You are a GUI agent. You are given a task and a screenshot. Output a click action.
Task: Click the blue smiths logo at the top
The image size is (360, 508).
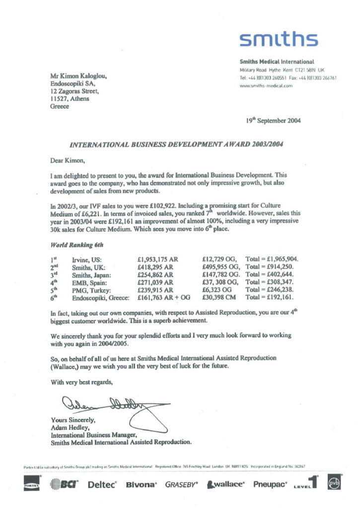coord(278,39)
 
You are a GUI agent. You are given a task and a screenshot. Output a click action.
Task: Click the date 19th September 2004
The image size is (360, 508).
coord(273,121)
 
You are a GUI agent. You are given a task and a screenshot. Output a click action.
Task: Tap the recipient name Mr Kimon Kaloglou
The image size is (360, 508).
coord(79,76)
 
